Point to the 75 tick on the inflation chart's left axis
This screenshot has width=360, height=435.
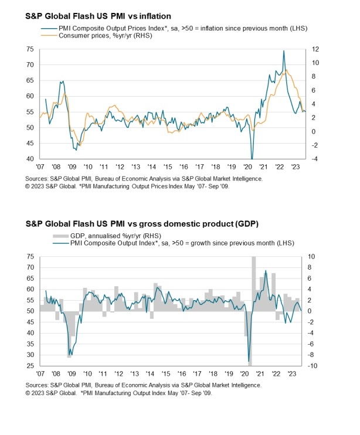29,49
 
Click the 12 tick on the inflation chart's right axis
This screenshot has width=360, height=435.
314,49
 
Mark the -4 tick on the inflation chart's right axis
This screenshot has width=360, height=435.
314,159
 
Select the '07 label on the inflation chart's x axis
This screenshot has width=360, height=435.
40,167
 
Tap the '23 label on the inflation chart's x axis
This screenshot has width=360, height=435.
297,167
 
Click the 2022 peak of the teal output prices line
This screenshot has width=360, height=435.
284,51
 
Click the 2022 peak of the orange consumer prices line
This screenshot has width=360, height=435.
286,70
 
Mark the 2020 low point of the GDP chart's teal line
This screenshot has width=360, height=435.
249,361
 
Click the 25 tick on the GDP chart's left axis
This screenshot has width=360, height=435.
29,366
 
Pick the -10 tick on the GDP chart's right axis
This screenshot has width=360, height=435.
313,366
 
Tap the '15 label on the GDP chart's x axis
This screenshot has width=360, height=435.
168,374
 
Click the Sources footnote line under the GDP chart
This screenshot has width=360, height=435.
144,386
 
